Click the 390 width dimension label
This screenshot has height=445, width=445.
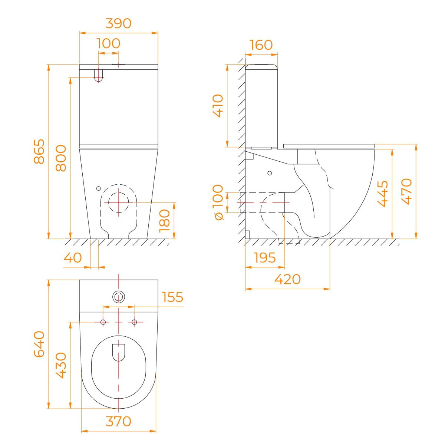(x=118, y=23)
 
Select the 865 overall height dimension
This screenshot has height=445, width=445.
(x=39, y=152)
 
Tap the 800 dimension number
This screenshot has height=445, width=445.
(x=61, y=158)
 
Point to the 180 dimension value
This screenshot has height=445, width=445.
(x=164, y=221)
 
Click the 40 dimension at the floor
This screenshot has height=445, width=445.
(x=73, y=257)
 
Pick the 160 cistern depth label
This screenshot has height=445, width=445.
(x=261, y=45)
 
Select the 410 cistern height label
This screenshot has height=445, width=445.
(x=218, y=106)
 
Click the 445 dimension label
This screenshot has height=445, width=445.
(x=383, y=194)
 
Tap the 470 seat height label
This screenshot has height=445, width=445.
(x=406, y=191)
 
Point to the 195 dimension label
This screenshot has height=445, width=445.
(x=265, y=257)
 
